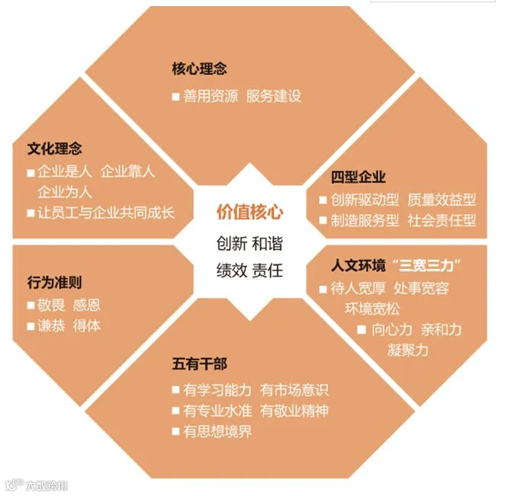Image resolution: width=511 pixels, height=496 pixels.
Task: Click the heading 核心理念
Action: tap(199, 69)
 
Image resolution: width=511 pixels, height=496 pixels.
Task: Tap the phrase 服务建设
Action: tap(274, 97)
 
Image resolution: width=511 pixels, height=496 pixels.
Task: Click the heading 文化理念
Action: tap(54, 148)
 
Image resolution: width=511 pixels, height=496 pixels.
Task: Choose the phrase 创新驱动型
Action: tap(365, 200)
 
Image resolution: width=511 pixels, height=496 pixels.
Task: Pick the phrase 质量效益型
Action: tap(442, 200)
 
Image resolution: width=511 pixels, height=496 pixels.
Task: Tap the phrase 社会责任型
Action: tap(442, 221)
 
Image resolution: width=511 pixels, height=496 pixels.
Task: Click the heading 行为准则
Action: tap(54, 283)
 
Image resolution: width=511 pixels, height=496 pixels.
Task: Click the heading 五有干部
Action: tap(199, 364)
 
